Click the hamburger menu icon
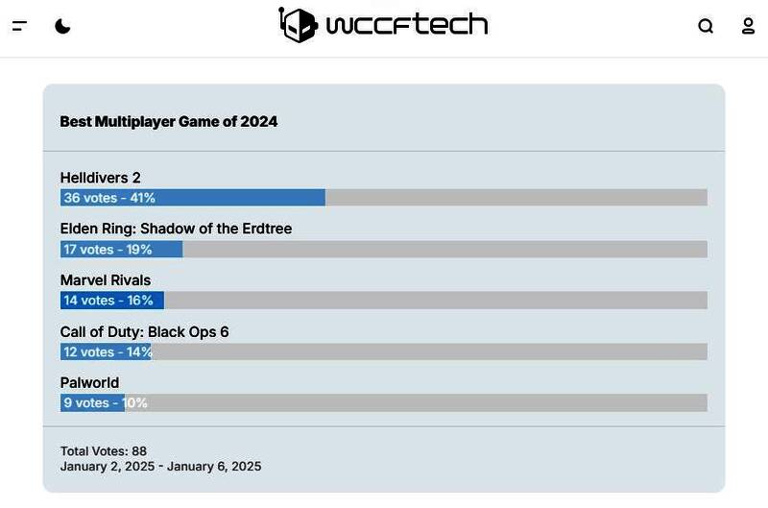click(19, 26)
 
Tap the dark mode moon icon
click(62, 26)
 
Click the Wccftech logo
click(384, 24)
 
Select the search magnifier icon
click(706, 26)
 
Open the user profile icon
click(748, 26)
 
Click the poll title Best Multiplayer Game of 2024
click(169, 122)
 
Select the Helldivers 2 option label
click(101, 178)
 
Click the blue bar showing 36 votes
click(192, 198)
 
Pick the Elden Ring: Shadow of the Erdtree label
click(176, 229)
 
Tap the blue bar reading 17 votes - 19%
click(121, 250)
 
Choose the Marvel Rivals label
click(106, 280)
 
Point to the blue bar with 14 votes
click(111, 301)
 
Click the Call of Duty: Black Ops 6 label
click(144, 332)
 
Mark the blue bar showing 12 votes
click(106, 352)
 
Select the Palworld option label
click(89, 383)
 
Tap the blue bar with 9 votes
click(92, 403)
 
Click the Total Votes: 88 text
click(104, 451)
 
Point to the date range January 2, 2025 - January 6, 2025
click(160, 467)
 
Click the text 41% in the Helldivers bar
click(143, 198)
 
